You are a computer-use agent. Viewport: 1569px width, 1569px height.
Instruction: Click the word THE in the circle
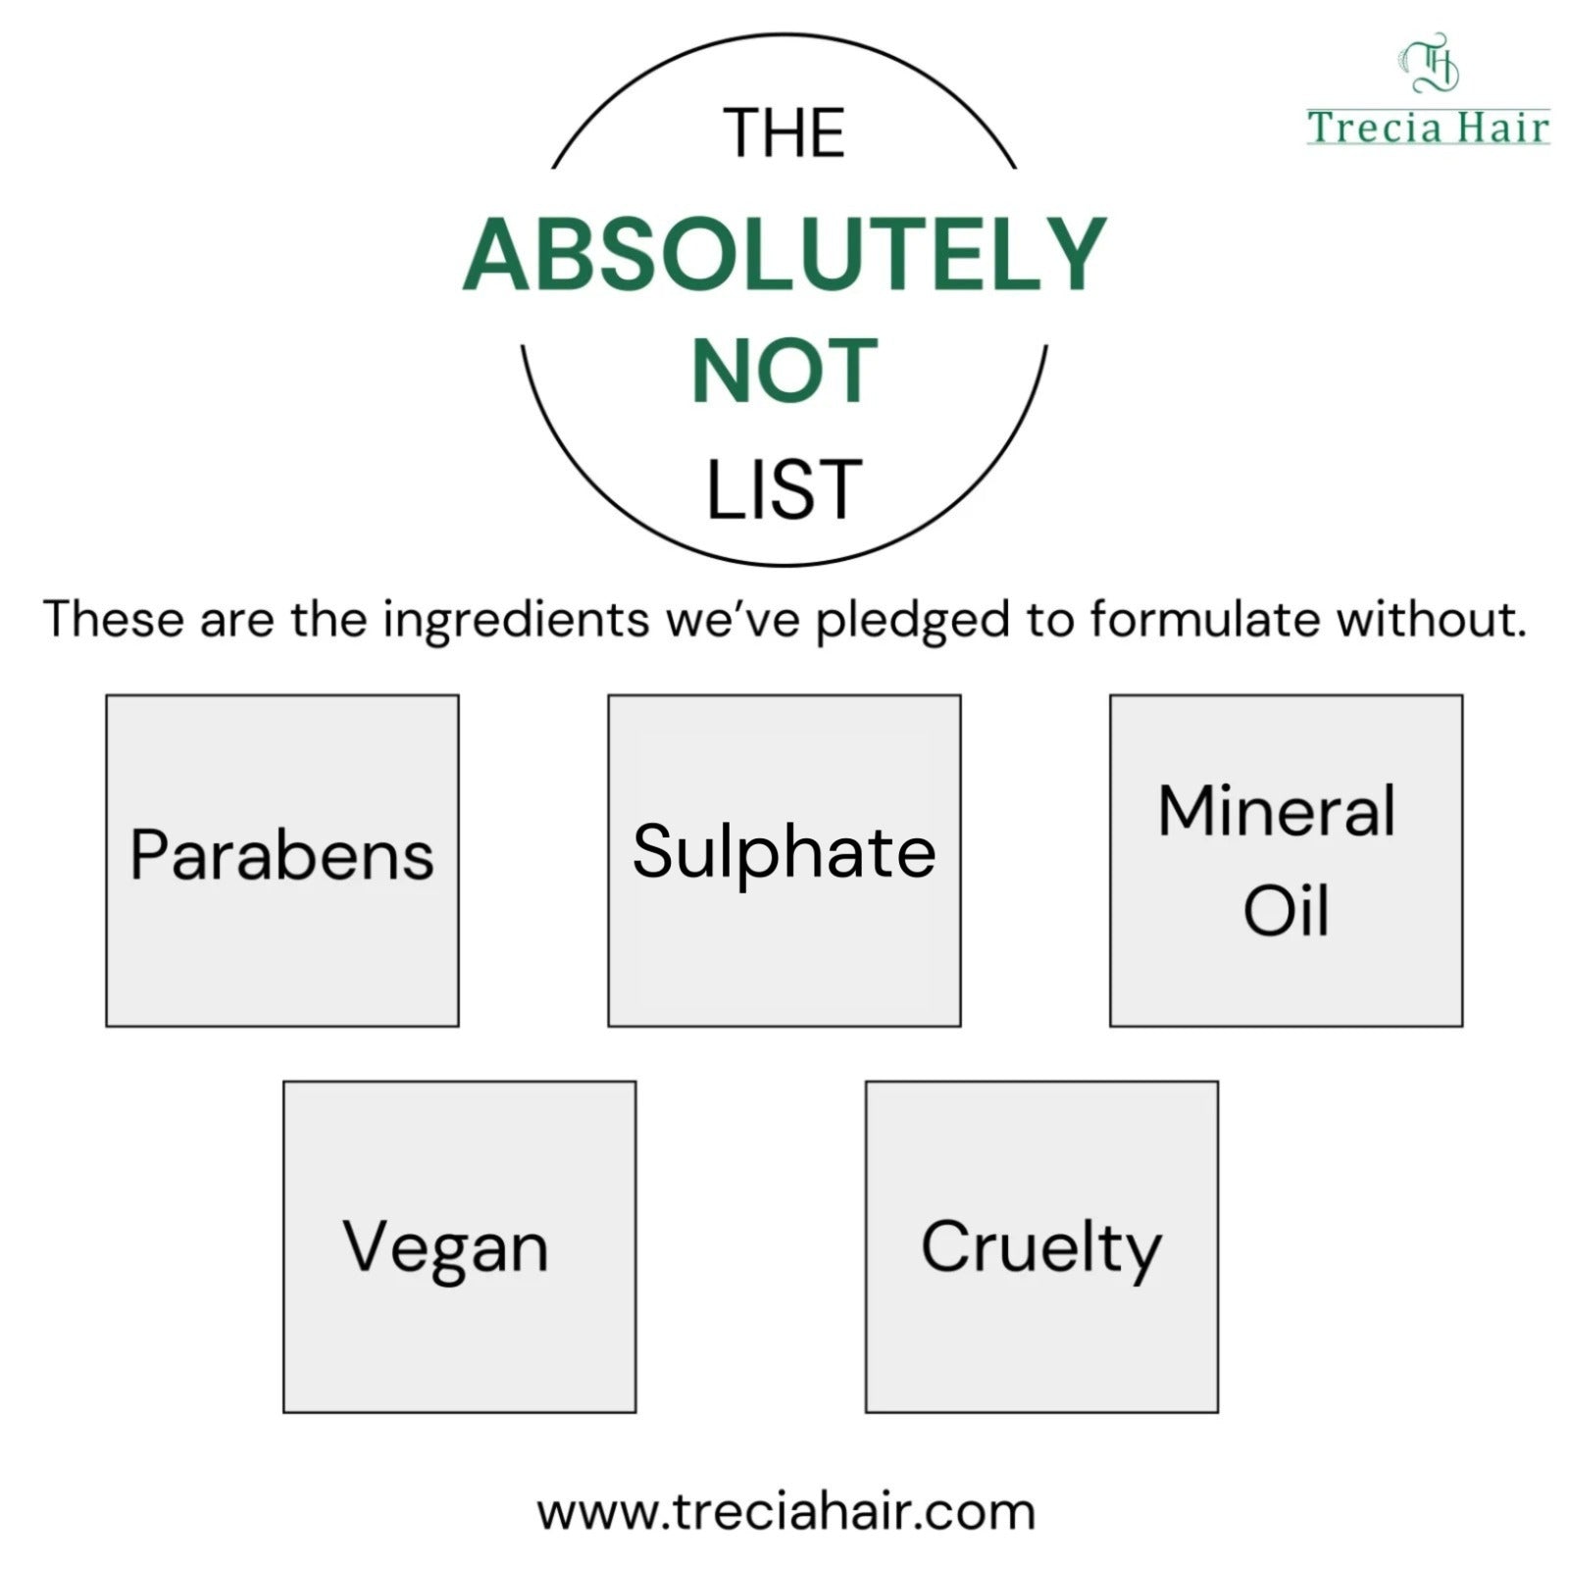(x=784, y=133)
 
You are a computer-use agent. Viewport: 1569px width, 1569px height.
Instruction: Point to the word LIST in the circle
(x=784, y=489)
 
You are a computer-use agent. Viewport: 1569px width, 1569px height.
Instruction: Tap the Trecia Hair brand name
(x=1428, y=127)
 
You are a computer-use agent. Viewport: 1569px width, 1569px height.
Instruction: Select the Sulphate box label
(x=784, y=851)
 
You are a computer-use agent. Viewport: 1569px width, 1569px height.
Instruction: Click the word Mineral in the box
(x=1277, y=811)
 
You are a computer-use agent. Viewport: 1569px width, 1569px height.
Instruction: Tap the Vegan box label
(x=446, y=1249)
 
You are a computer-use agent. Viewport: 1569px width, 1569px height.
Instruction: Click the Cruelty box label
(x=1041, y=1249)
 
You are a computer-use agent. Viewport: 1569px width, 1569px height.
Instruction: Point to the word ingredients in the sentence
(x=516, y=621)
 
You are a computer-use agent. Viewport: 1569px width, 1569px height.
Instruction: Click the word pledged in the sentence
(x=913, y=621)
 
